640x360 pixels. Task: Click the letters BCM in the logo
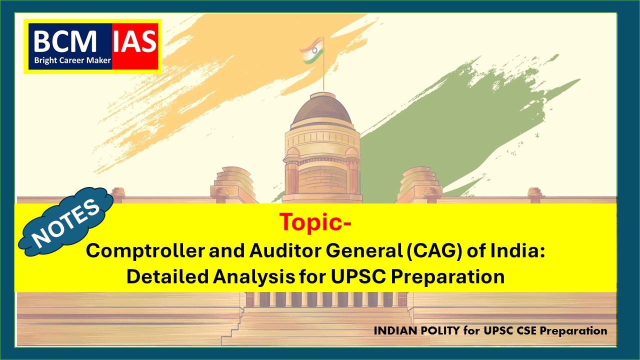click(65, 41)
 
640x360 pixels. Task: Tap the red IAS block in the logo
click(135, 46)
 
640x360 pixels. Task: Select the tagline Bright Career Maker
click(72, 60)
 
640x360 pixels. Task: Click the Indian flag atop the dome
click(312, 50)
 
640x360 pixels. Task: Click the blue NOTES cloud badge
click(66, 221)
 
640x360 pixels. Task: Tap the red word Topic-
click(315, 222)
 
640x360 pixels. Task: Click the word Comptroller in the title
click(145, 251)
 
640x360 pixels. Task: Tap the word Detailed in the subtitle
click(167, 276)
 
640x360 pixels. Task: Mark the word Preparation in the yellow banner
click(447, 277)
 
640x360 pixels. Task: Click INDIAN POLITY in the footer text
click(416, 331)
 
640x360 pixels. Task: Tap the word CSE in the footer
click(527, 331)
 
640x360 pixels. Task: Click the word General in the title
click(364, 250)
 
